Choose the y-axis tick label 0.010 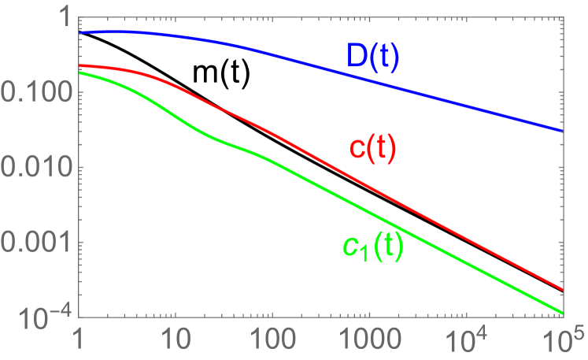[x=35, y=167]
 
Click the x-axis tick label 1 [x=79, y=342]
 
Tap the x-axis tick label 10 [x=175, y=342]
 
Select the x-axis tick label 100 [x=272, y=342]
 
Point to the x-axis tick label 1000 [x=368, y=342]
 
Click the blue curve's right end [x=562, y=131]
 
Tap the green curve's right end [x=562, y=311]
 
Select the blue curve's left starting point [x=80, y=33]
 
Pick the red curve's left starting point [x=80, y=66]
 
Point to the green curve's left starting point [x=80, y=73]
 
